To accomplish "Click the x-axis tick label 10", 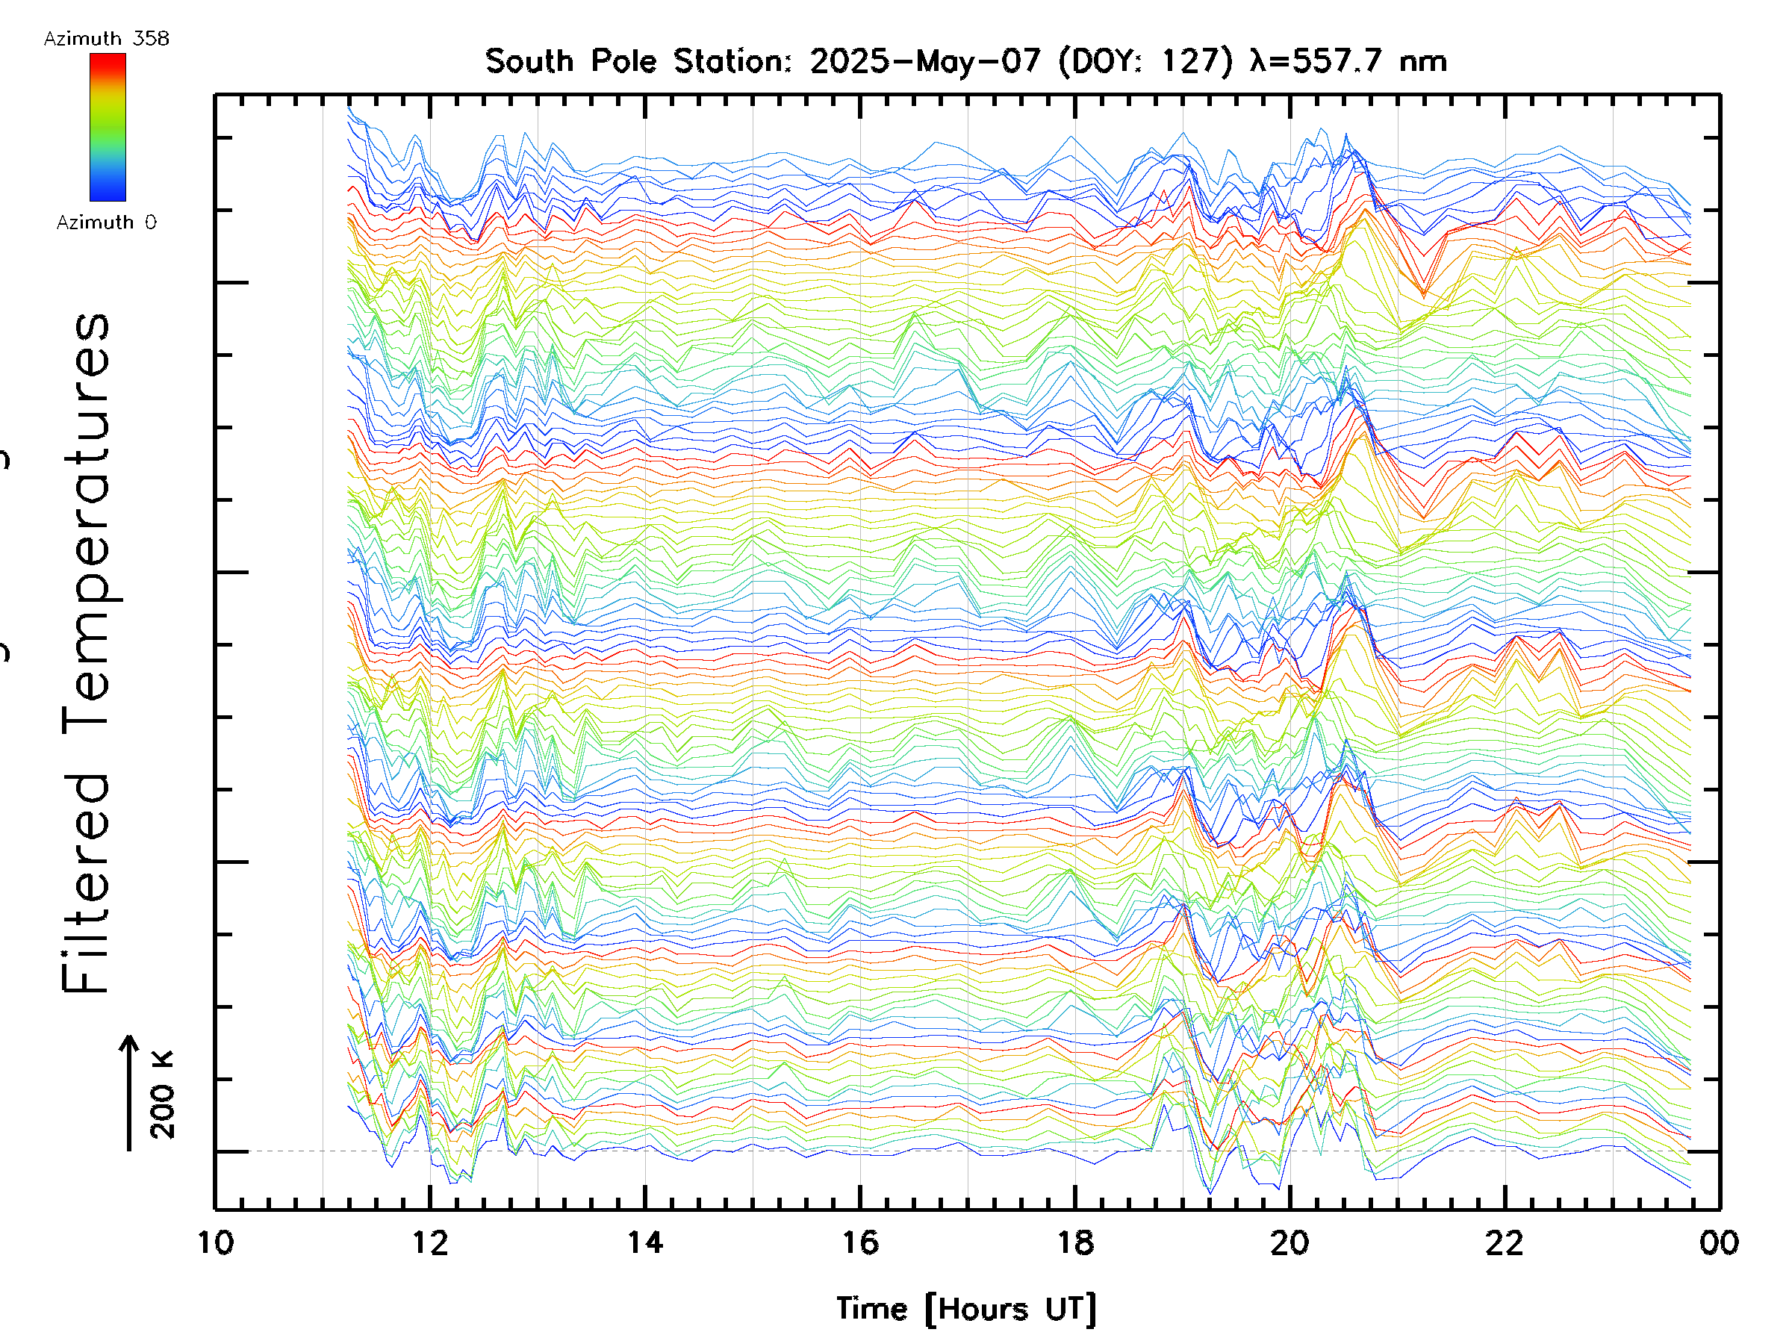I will [216, 1242].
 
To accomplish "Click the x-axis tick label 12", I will [430, 1242].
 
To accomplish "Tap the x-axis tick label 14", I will [646, 1242].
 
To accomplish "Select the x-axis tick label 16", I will [860, 1242].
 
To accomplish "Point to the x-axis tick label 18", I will [1075, 1242].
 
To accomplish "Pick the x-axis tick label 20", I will [1289, 1242].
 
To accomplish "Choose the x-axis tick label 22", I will [1505, 1242].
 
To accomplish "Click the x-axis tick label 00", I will [1719, 1242].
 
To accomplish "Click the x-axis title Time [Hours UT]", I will [966, 1308].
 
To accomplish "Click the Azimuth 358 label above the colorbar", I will [106, 39].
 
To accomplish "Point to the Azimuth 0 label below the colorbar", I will [106, 222].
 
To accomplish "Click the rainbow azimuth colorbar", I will [108, 127].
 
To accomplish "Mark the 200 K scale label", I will [162, 1094].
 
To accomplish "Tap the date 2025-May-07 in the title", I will [925, 61].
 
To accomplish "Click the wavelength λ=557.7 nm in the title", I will [1348, 61].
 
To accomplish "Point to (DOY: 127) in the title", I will [1145, 61].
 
